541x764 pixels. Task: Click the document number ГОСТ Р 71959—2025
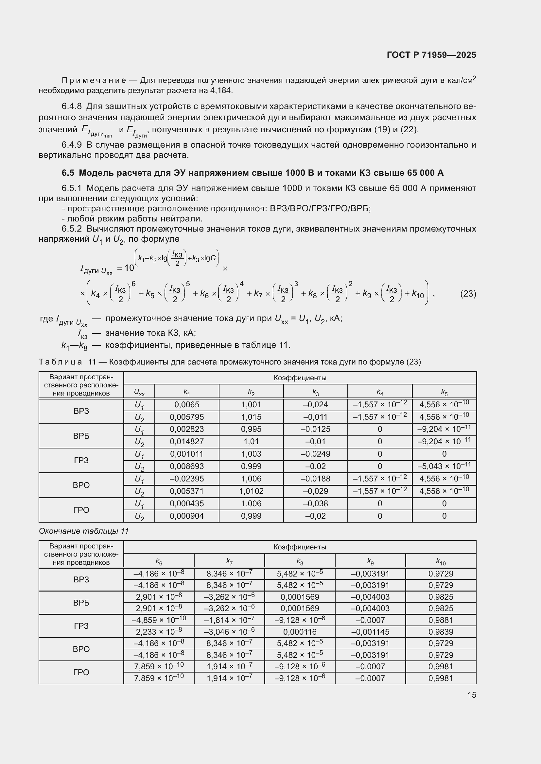tap(431, 55)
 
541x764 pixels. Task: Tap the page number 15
tap(472, 695)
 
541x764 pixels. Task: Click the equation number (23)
tap(468, 294)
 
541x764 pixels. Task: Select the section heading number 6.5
tap(68, 173)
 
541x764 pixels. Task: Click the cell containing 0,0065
tap(186, 405)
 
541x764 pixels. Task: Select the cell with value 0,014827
tap(186, 442)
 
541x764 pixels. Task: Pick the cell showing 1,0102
tap(251, 491)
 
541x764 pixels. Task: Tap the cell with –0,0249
tap(315, 454)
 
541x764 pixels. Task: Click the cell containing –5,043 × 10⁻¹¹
tap(444, 466)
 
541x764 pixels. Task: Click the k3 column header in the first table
tap(315, 392)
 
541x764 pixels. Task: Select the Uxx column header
tap(139, 392)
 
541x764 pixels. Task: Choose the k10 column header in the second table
tap(441, 562)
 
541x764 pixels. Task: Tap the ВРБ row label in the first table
tap(81, 436)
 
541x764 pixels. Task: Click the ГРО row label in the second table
tap(81, 672)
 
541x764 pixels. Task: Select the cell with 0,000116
tap(300, 632)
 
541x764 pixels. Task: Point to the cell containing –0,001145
tap(370, 632)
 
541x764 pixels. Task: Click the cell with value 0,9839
tap(441, 632)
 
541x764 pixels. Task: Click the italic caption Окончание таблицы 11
tap(84, 531)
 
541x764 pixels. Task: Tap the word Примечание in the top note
tap(94, 81)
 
